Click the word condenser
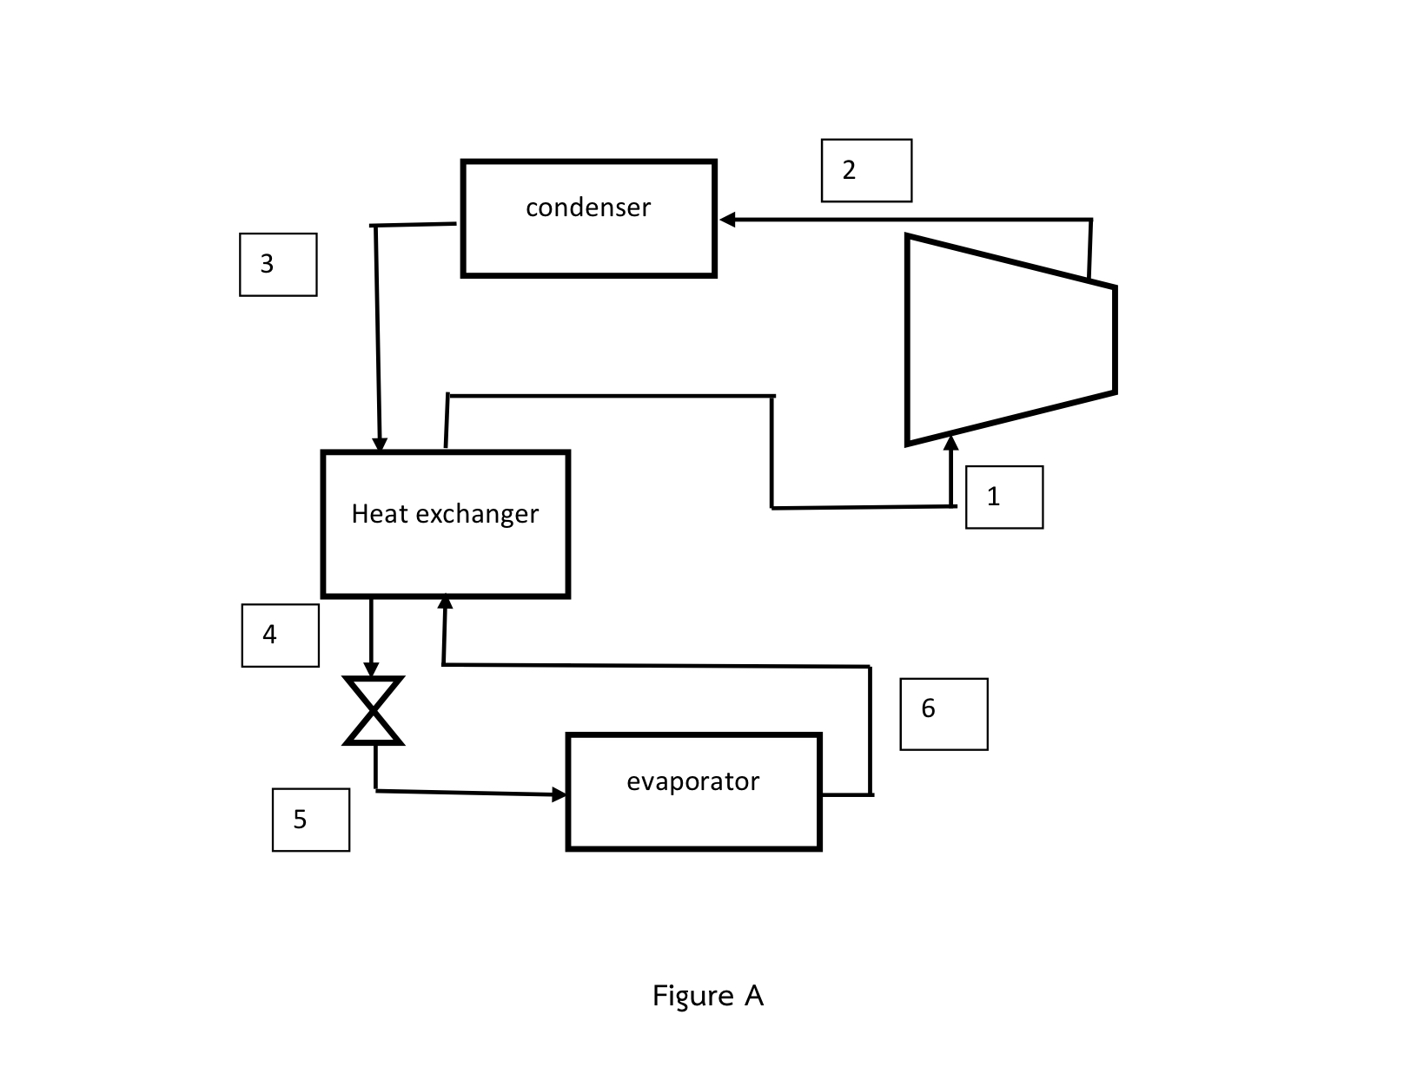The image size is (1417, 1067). pyautogui.click(x=588, y=207)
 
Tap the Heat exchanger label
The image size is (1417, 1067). pyautogui.click(x=445, y=514)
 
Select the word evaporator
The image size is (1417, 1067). pyautogui.click(x=692, y=781)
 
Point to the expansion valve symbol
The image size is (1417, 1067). pyautogui.click(x=374, y=711)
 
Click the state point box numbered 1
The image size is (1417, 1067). pyautogui.click(x=1003, y=497)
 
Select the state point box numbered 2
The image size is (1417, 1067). pyautogui.click(x=866, y=170)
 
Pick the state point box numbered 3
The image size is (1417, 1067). pyautogui.click(x=278, y=264)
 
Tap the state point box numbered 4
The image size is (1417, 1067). pyautogui.click(x=280, y=636)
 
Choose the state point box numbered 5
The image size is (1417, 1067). pyautogui.click(x=311, y=820)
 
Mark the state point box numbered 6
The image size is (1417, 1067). pyautogui.click(x=944, y=714)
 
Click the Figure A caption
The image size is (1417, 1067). pyautogui.click(x=708, y=995)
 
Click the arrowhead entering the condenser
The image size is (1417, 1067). pyautogui.click(x=728, y=220)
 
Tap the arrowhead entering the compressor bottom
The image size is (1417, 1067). pyautogui.click(x=951, y=442)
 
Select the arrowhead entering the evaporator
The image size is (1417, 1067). pyautogui.click(x=559, y=794)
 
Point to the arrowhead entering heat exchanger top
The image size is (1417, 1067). pyautogui.click(x=380, y=444)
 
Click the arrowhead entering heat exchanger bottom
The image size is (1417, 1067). pyautogui.click(x=446, y=602)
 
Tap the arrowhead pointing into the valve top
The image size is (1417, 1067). pyautogui.click(x=371, y=670)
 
